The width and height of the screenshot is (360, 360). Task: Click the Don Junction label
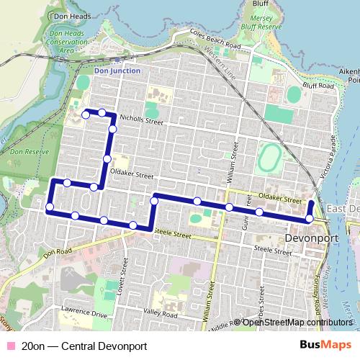click(x=117, y=71)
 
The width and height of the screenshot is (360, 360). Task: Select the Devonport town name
click(x=311, y=235)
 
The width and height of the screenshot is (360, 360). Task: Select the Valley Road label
click(x=159, y=312)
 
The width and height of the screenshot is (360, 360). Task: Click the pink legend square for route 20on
click(x=11, y=346)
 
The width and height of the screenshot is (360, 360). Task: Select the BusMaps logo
click(x=325, y=346)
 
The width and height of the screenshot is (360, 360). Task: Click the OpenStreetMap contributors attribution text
click(x=297, y=323)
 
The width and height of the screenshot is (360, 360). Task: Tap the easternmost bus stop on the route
click(x=310, y=218)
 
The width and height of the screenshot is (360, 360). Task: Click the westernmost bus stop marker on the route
click(x=50, y=208)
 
